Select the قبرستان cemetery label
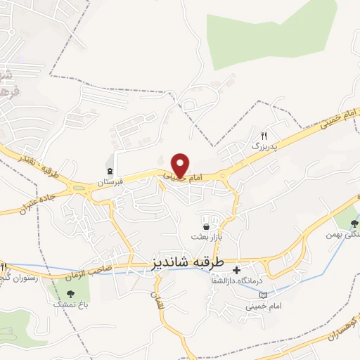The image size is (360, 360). pyautogui.click(x=110, y=181)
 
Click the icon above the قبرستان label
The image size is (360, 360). pyautogui.click(x=110, y=170)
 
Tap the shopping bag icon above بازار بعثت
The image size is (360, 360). pyautogui.click(x=205, y=227)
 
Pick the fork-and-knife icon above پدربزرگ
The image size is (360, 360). pyautogui.click(x=264, y=135)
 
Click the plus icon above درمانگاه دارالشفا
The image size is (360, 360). pyautogui.click(x=236, y=270)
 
